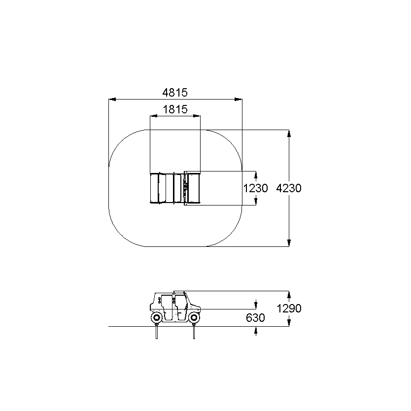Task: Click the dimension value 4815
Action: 175,93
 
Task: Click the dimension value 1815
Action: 175,109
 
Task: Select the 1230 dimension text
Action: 256,188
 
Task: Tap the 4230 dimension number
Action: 289,188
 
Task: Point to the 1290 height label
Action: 289,308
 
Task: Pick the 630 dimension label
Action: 255,318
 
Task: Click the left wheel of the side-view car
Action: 157,318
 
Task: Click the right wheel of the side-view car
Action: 194,318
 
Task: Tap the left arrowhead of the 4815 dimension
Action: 112,100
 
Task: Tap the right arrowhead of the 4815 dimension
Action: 239,100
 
